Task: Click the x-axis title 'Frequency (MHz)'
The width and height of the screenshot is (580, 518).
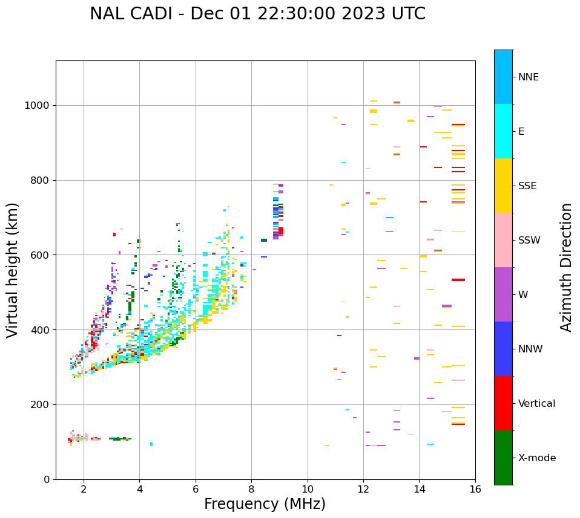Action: [265, 504]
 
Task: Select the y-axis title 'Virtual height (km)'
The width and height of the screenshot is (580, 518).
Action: [13, 270]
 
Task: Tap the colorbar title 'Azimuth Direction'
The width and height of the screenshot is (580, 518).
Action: [566, 267]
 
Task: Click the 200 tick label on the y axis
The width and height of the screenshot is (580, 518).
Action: [39, 405]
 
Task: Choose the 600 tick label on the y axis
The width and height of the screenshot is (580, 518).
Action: [39, 255]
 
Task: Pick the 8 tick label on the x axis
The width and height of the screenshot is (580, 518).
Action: [251, 489]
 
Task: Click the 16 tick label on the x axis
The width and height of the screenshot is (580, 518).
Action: [475, 489]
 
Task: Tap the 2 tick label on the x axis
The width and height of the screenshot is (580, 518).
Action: [84, 489]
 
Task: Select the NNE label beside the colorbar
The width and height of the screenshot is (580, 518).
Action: [528, 77]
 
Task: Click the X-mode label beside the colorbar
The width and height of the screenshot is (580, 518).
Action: [536, 458]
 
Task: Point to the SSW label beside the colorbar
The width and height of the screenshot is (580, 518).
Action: [529, 241]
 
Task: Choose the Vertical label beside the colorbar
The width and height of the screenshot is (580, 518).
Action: [536, 404]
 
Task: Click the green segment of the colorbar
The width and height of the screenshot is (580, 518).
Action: [503, 458]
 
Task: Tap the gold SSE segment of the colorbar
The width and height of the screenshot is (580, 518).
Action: [503, 186]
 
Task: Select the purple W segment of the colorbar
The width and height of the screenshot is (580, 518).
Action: [503, 294]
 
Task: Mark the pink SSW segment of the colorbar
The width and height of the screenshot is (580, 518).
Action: [503, 240]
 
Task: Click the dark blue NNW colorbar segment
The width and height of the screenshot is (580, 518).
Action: [503, 349]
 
